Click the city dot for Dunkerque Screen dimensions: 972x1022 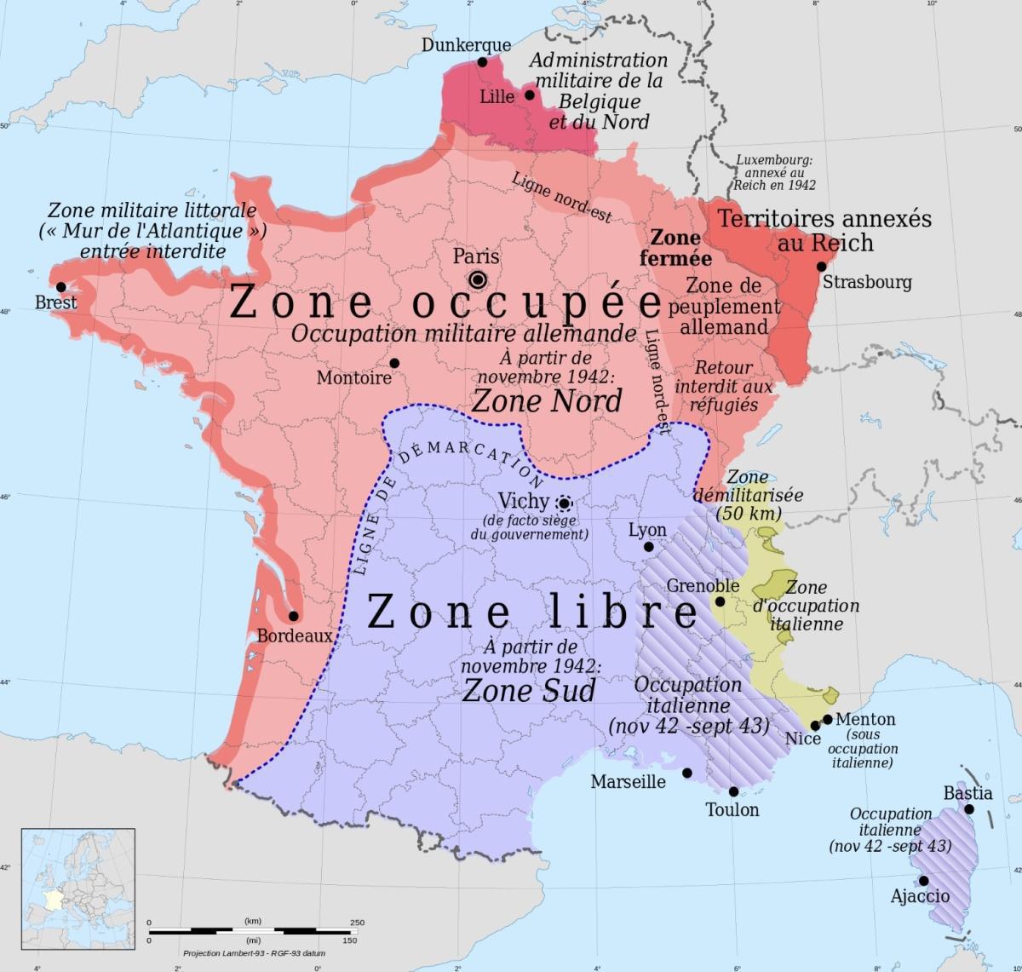pyautogui.click(x=482, y=62)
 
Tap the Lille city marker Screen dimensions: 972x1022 pyautogui.click(x=530, y=95)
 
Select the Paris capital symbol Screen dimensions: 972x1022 pyautogui.click(x=478, y=279)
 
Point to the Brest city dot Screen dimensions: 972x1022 pyautogui.click(x=60, y=287)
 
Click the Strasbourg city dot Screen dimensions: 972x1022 pyautogui.click(x=821, y=267)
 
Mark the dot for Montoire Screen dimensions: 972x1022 pyautogui.click(x=394, y=364)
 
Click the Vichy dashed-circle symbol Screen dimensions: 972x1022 pyautogui.click(x=563, y=503)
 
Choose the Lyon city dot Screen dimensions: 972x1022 pyautogui.click(x=648, y=547)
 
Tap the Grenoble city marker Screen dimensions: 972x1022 pyautogui.click(x=720, y=601)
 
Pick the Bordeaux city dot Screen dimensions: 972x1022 pyautogui.click(x=293, y=616)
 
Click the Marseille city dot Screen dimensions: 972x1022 pyautogui.click(x=686, y=774)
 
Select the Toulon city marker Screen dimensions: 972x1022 pyautogui.click(x=734, y=791)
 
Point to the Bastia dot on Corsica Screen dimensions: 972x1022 pyautogui.click(x=969, y=809)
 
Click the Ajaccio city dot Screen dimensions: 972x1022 pyautogui.click(x=922, y=881)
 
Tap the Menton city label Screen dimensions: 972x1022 pyautogui.click(x=865, y=720)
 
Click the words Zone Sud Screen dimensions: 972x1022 pyautogui.click(x=528, y=690)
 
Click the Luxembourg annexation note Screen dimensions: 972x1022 pyautogui.click(x=774, y=172)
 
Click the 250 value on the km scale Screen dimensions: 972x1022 pyautogui.click(x=357, y=923)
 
